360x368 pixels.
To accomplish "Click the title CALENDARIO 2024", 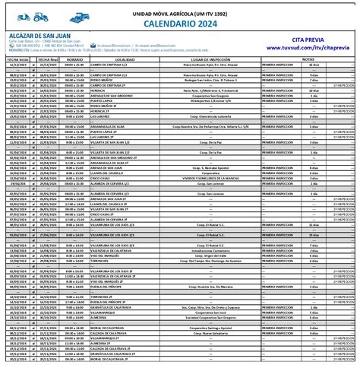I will [179, 24].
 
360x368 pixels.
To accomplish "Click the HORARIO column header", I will [74, 58].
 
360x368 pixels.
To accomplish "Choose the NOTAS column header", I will [308, 58].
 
